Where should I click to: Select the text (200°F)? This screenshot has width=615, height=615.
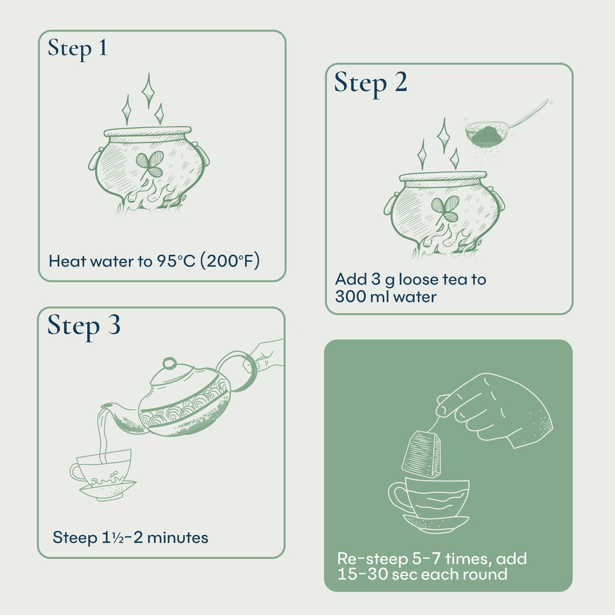point(230,261)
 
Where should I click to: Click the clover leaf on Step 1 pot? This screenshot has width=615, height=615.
point(150,163)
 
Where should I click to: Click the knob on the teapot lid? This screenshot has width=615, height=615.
point(169,363)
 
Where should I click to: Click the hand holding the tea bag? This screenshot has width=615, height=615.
point(500,410)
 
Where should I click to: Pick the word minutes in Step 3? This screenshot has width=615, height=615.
point(178,538)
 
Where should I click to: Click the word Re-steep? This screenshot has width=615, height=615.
point(372,559)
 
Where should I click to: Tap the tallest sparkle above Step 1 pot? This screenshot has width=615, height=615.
point(148,90)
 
